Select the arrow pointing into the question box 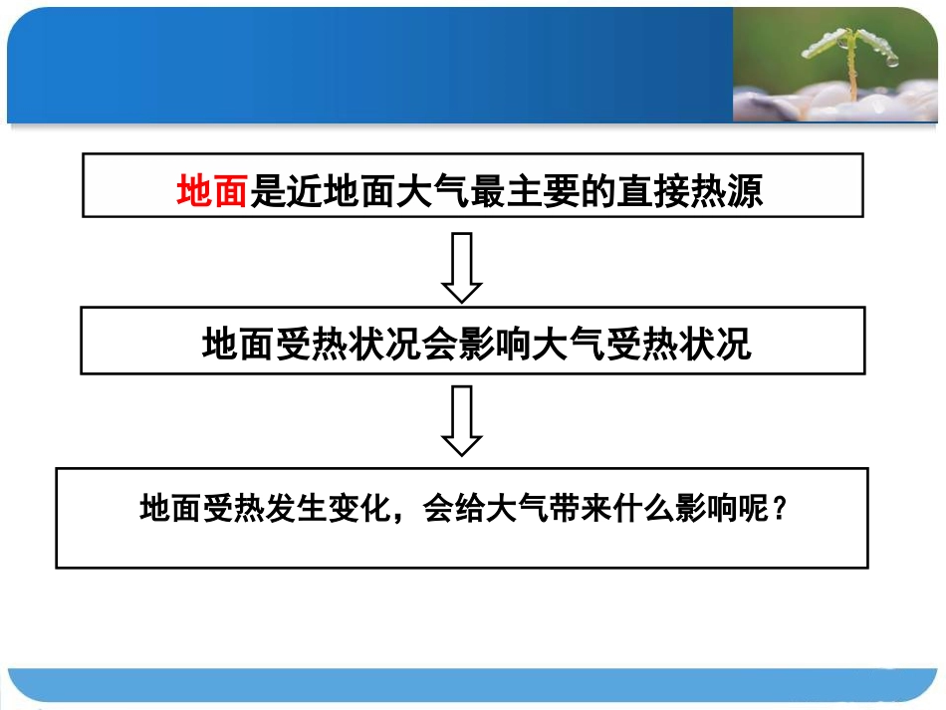[462, 421]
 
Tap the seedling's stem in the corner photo [851, 75]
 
